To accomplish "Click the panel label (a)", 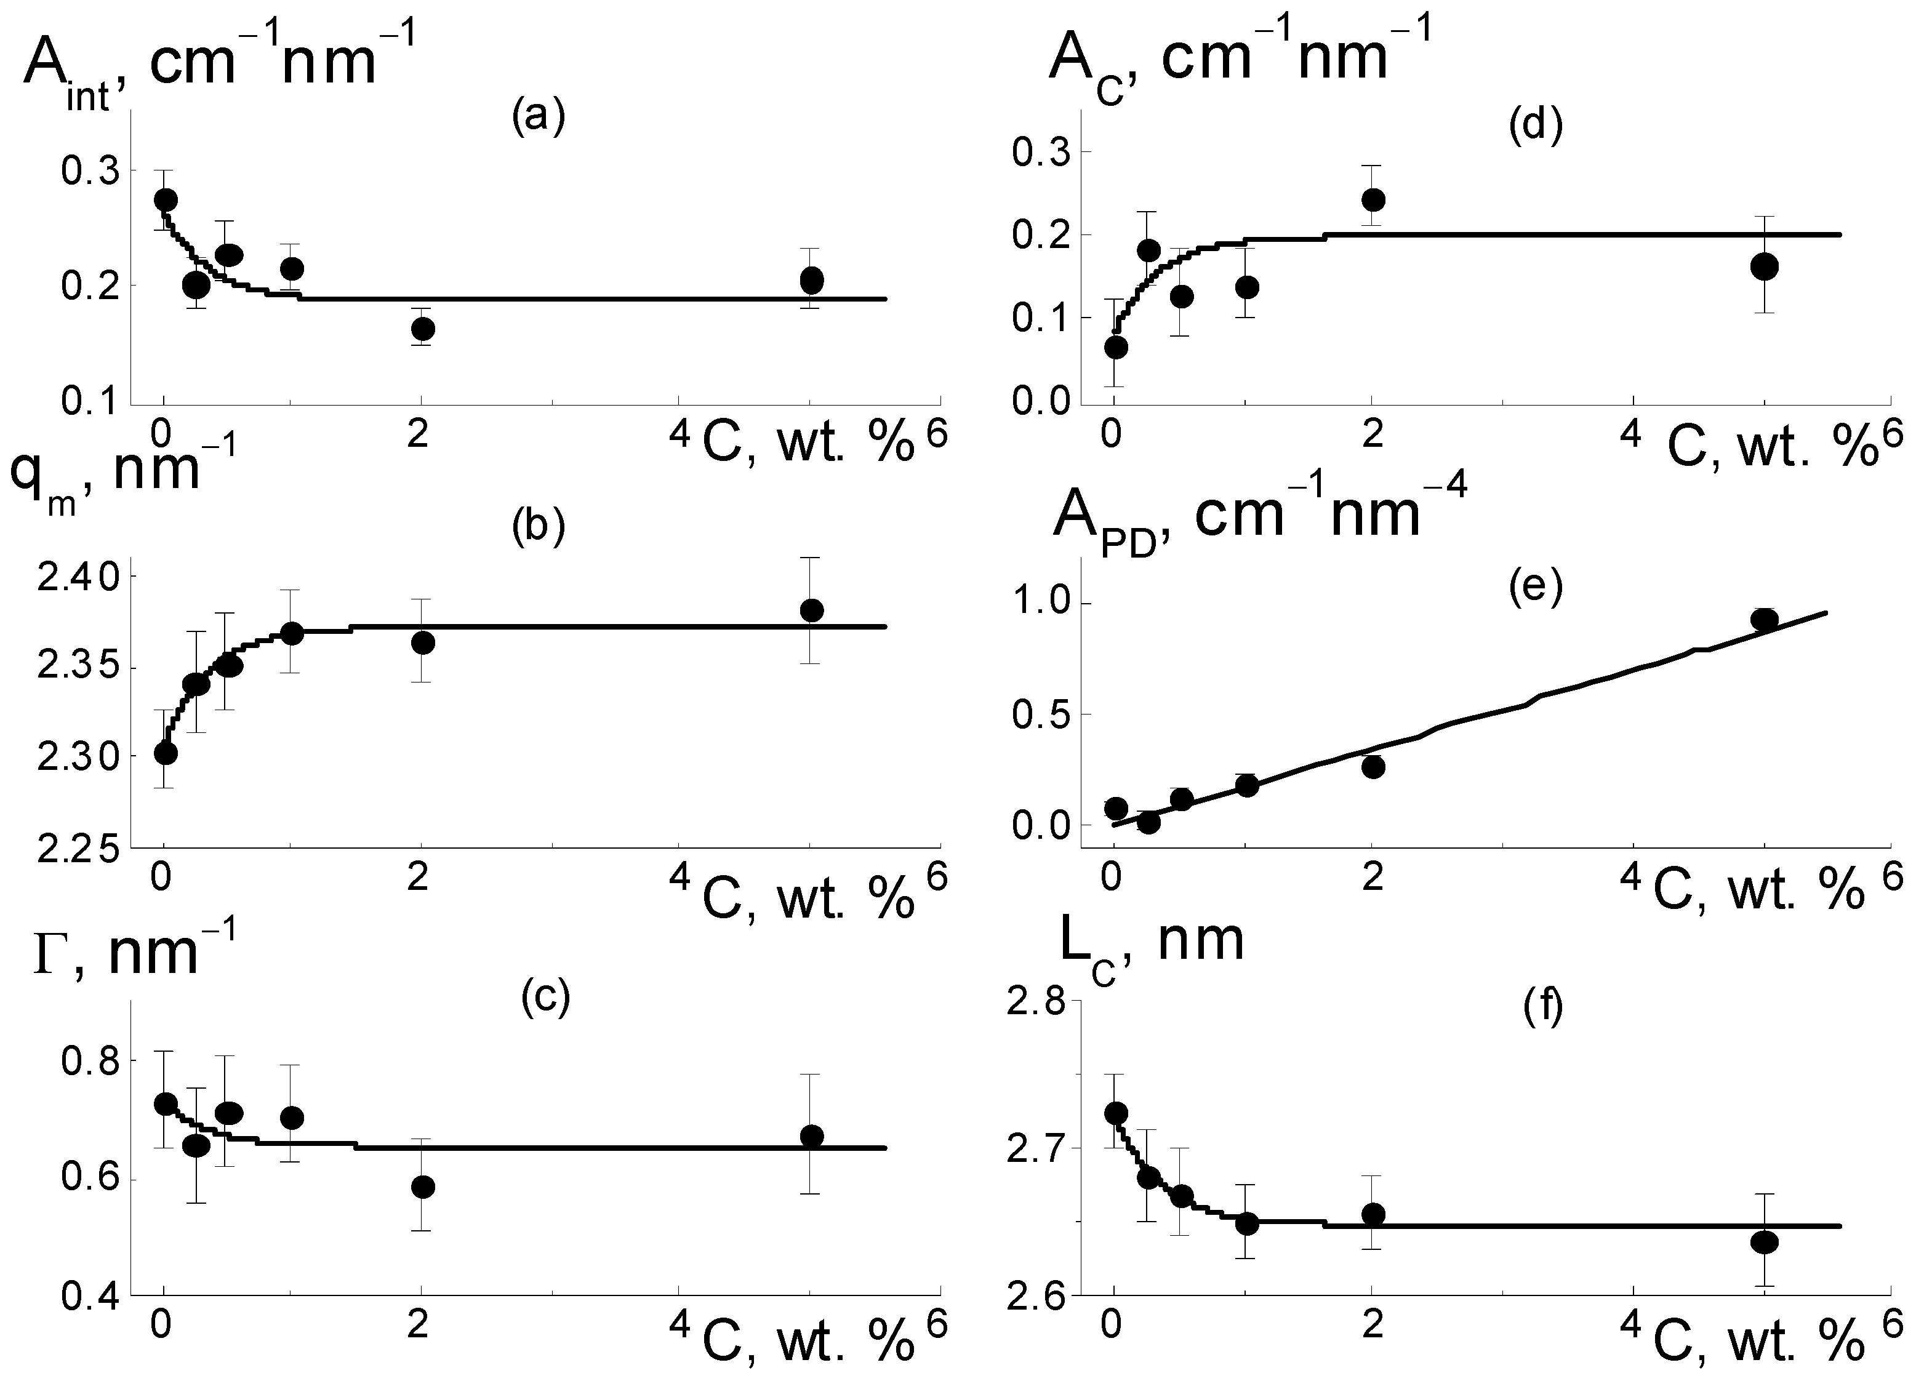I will pos(537,118).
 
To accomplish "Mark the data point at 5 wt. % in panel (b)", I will pos(811,610).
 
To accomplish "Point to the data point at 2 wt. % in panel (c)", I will pos(422,1187).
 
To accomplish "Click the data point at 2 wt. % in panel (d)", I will pos(1373,200).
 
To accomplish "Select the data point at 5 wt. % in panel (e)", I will pos(1764,619).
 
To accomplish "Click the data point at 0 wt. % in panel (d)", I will pos(1115,347).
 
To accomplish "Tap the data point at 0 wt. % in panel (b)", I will pos(166,752).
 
